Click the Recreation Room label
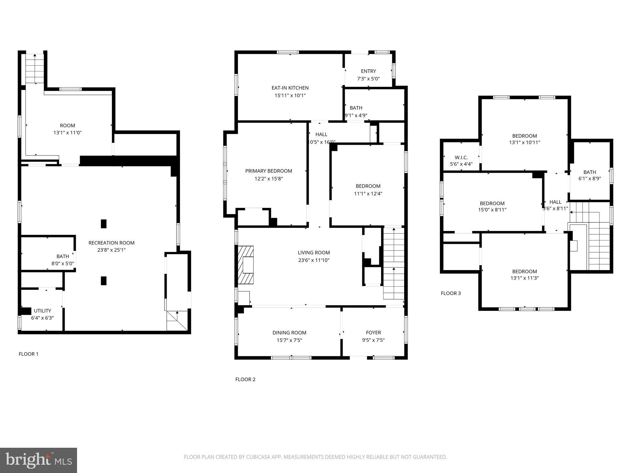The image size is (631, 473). (111, 243)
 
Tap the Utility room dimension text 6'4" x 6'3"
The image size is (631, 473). (43, 318)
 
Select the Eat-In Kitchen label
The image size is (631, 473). (290, 88)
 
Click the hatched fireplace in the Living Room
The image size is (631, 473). (246, 265)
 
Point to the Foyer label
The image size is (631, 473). (373, 332)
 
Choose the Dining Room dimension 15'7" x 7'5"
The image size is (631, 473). (289, 340)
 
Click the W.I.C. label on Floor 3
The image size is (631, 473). (461, 157)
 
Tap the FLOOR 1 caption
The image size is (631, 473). (29, 354)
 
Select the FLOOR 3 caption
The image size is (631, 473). (450, 293)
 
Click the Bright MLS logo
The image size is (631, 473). (39, 460)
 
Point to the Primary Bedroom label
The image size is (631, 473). (268, 171)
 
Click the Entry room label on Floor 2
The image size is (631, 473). (368, 71)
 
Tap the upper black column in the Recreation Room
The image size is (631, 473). (104, 224)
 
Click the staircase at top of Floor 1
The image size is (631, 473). (35, 68)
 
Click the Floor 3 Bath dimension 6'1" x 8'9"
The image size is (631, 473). (589, 178)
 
